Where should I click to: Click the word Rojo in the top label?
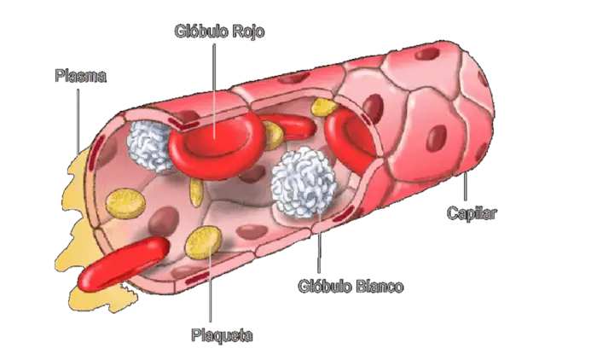[x=248, y=32]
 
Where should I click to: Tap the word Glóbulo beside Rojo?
[x=202, y=32]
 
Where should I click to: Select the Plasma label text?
[x=81, y=76]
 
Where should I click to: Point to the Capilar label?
[x=472, y=213]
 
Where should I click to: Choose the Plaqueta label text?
[x=222, y=335]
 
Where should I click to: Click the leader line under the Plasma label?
[x=78, y=138]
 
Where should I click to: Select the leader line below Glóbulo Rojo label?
[x=214, y=90]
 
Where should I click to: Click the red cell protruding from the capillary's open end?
[x=124, y=263]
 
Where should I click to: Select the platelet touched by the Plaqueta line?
[x=203, y=242]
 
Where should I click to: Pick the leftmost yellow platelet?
[x=125, y=203]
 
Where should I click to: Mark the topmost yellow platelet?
[x=324, y=107]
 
